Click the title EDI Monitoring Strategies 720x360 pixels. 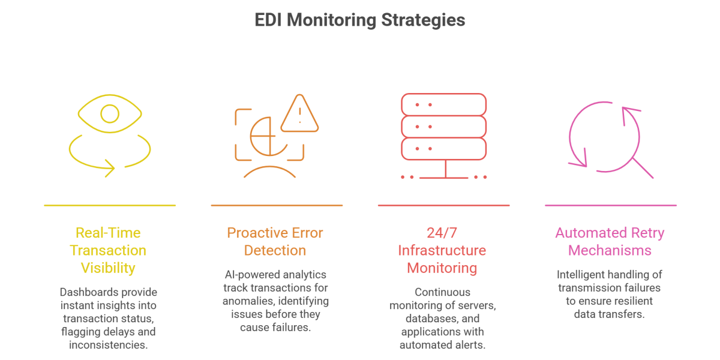tap(360, 20)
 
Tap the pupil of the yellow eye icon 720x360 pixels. tap(110, 113)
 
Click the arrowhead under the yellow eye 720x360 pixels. tap(110, 168)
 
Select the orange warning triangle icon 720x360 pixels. tap(299, 114)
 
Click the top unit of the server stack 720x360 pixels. tap(443, 104)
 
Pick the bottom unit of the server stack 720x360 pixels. tap(443, 148)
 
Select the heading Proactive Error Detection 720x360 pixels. tap(275, 241)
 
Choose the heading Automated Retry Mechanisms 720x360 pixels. tap(610, 241)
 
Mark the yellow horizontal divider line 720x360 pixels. tap(110, 205)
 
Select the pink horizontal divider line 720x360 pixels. tap(610, 205)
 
